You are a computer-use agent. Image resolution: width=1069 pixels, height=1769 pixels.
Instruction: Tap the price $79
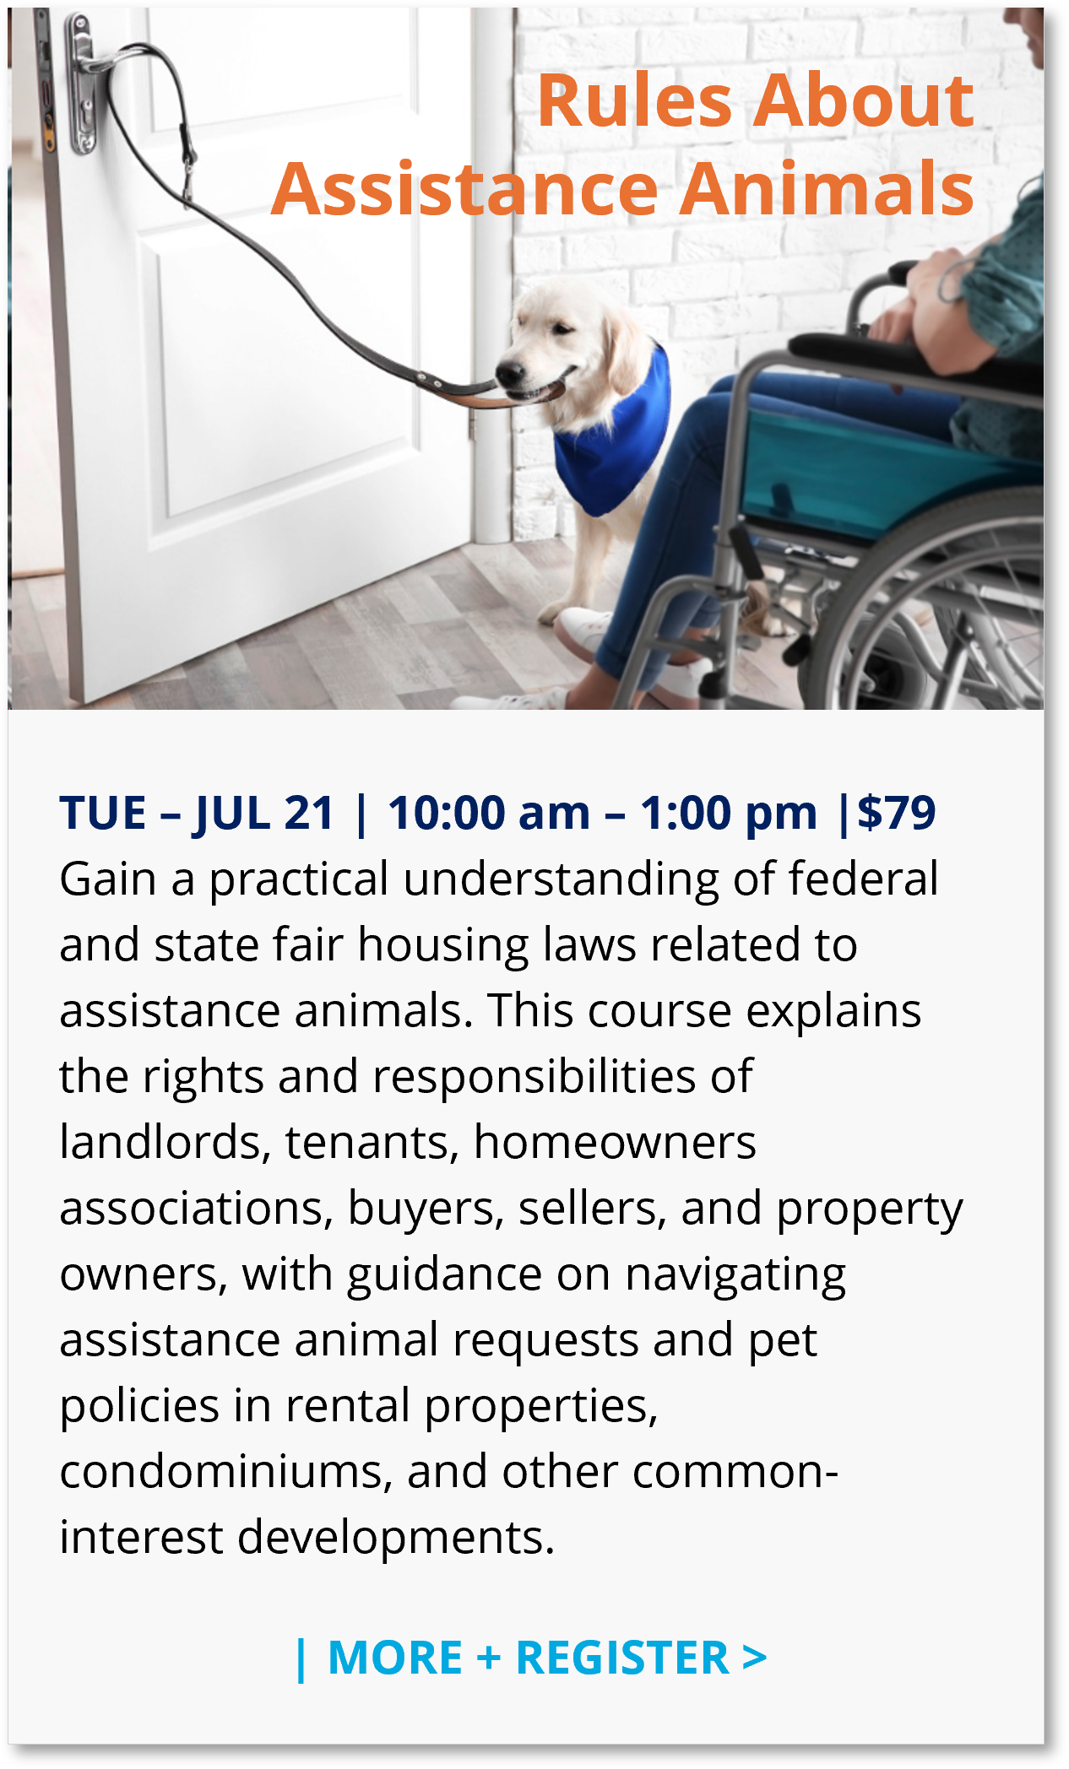897,813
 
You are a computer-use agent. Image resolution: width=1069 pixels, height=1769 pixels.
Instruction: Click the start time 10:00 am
489,813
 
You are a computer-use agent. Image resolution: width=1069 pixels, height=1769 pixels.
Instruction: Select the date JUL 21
264,814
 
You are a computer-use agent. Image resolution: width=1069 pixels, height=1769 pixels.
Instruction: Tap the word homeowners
615,1143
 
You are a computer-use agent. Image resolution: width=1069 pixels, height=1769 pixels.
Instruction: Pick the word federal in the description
863,879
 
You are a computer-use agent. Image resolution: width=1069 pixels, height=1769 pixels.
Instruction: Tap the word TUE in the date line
103,814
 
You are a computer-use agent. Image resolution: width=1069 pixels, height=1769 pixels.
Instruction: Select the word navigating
735,1276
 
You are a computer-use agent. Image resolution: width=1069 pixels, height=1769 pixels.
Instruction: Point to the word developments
396,1538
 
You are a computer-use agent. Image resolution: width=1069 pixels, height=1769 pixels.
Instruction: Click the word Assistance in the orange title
465,188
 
